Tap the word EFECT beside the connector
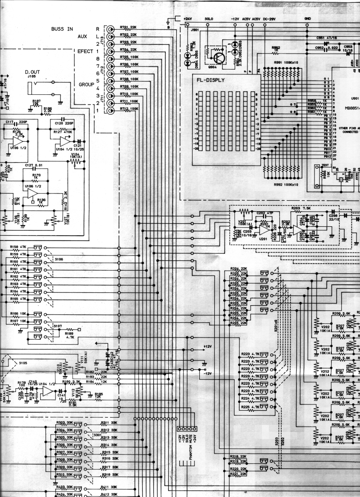pyautogui.click(x=85, y=51)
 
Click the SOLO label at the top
pyautogui.click(x=209, y=19)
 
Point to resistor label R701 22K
pyautogui.click(x=128, y=27)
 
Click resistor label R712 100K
pyautogui.click(x=129, y=109)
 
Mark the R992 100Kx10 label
pyautogui.click(x=286, y=184)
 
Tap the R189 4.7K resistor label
pyautogui.click(x=69, y=336)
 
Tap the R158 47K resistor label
pyautogui.click(x=18, y=248)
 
